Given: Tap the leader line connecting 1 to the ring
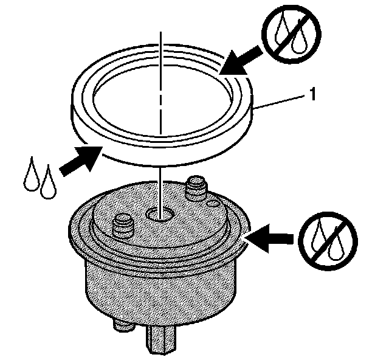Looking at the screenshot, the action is click(x=283, y=101).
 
